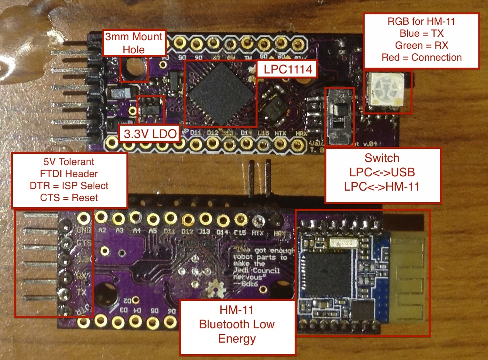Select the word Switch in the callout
382,158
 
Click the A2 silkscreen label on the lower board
102,230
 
